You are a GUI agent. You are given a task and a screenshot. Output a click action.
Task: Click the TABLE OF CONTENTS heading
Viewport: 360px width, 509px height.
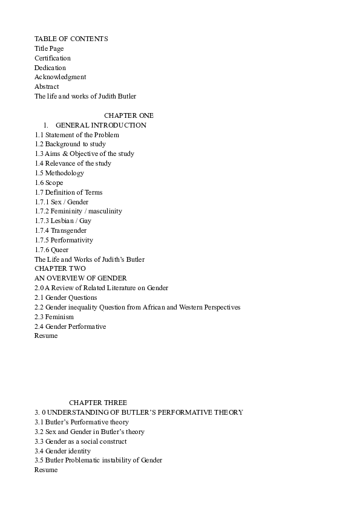click(71, 39)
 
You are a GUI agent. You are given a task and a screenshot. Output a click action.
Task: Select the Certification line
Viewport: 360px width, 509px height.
click(53, 58)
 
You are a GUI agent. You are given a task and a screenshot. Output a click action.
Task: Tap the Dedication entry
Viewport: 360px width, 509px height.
click(50, 68)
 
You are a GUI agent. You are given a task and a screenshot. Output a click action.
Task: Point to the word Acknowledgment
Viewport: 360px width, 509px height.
click(60, 77)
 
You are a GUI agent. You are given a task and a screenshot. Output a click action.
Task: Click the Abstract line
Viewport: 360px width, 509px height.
click(47, 87)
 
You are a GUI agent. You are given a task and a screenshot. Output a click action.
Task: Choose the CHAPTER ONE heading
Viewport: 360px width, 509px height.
click(129, 115)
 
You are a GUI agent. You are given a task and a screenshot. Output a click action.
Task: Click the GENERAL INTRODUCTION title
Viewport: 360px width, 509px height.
click(100, 125)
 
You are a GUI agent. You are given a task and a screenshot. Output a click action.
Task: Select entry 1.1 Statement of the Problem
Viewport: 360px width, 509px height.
click(77, 135)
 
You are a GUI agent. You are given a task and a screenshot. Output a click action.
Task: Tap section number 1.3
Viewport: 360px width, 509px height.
click(39, 154)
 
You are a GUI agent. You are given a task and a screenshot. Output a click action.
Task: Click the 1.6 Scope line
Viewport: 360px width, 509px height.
click(48, 183)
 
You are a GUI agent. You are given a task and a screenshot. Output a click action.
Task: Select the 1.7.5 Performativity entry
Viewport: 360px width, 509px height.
click(64, 241)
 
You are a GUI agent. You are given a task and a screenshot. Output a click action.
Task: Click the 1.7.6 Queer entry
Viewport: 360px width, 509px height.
click(51, 250)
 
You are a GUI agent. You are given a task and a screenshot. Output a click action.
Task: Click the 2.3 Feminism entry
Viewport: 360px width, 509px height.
click(54, 317)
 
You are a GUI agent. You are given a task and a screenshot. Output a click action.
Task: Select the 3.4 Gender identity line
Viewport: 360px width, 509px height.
click(62, 451)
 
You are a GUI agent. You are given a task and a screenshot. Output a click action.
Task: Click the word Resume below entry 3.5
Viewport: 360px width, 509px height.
click(46, 470)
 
